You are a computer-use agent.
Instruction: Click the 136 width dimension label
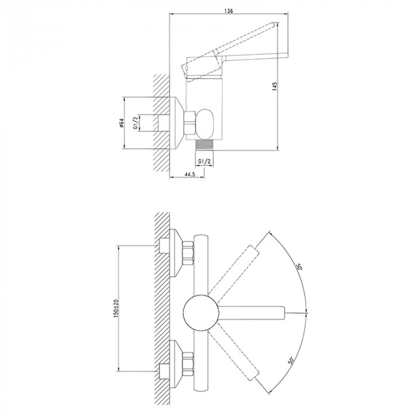click(x=229, y=11)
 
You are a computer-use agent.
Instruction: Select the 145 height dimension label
click(x=275, y=87)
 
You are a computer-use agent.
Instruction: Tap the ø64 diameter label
click(x=121, y=122)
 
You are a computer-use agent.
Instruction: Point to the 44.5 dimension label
click(x=190, y=174)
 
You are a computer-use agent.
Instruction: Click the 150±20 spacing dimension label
click(x=115, y=308)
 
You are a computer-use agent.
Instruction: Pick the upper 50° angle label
click(x=300, y=267)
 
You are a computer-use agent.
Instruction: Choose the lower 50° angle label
click(x=291, y=361)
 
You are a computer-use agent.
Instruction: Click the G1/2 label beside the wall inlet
click(x=136, y=123)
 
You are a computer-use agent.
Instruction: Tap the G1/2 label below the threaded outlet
click(x=204, y=161)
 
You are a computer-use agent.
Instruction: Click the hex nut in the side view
click(x=190, y=122)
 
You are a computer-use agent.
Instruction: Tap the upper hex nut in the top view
click(x=188, y=253)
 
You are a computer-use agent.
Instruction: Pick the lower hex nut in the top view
click(x=188, y=364)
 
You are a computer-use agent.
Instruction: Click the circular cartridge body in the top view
click(x=201, y=312)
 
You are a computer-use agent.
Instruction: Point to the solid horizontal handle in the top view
click(x=251, y=312)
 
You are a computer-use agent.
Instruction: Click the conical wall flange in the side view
click(x=177, y=123)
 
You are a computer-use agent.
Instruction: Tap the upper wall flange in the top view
click(x=176, y=253)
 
